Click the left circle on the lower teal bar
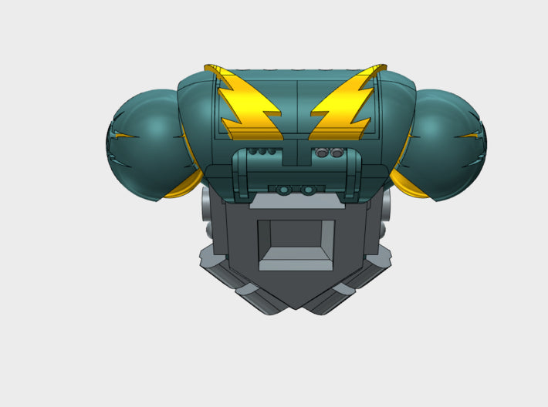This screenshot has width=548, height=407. pyautogui.click(x=284, y=190)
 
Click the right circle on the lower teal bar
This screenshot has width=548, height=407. pyautogui.click(x=307, y=190)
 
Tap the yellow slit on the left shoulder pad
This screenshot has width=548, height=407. pyautogui.click(x=123, y=136)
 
